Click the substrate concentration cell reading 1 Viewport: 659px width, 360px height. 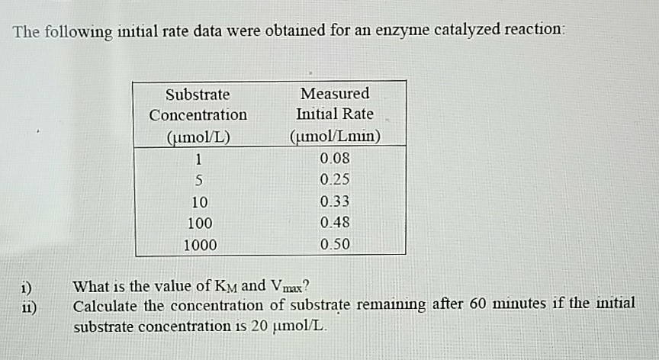click(x=198, y=160)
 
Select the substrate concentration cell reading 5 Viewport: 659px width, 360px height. click(x=198, y=182)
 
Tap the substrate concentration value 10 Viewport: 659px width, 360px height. click(x=198, y=203)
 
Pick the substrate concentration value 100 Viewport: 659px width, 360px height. click(x=198, y=224)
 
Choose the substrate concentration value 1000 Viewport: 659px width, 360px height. click(x=199, y=246)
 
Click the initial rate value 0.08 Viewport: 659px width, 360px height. click(x=335, y=160)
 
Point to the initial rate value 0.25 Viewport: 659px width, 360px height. click(x=335, y=182)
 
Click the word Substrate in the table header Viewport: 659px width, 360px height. click(x=198, y=95)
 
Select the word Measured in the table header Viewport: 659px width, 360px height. click(x=335, y=94)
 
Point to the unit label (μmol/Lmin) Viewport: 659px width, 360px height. click(x=335, y=138)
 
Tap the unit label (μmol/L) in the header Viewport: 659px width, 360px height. click(x=198, y=138)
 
